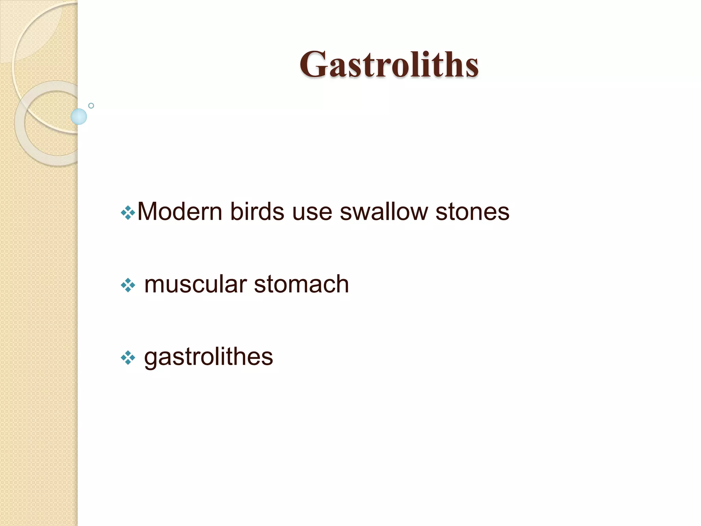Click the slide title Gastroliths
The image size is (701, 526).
(x=389, y=64)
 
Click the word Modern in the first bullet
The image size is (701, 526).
(x=180, y=212)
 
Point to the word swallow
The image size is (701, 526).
(x=384, y=212)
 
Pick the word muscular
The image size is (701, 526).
(x=195, y=284)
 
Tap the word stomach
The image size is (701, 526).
(x=301, y=284)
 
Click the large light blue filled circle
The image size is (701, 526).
(x=79, y=116)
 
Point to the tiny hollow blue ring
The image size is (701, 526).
(x=91, y=106)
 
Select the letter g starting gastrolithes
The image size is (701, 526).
(x=151, y=359)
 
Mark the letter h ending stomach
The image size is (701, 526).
(x=342, y=284)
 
